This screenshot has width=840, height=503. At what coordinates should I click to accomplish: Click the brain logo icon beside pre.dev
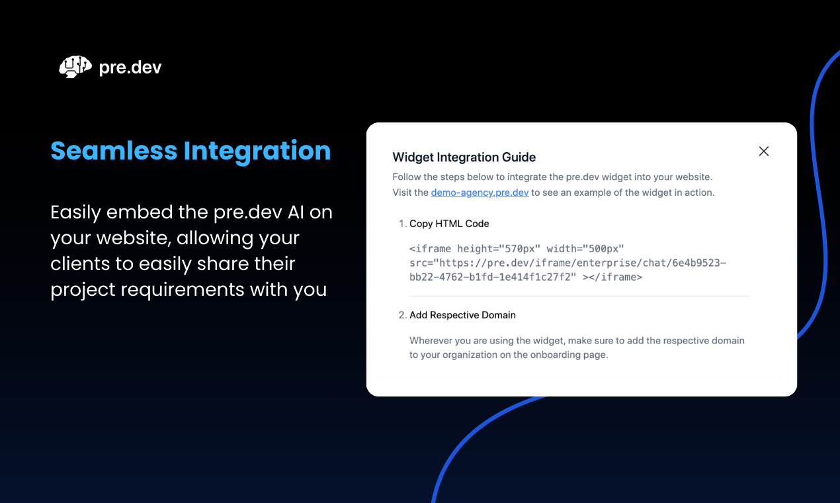click(75, 67)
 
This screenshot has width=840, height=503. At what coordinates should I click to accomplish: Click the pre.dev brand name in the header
click(130, 68)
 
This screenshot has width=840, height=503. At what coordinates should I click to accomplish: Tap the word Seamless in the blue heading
click(114, 151)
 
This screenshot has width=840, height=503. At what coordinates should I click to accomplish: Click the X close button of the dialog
click(764, 152)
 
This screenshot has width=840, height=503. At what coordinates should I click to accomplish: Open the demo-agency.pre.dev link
click(480, 193)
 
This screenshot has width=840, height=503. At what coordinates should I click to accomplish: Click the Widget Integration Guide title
click(464, 157)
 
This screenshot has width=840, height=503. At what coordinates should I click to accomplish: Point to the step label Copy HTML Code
click(449, 224)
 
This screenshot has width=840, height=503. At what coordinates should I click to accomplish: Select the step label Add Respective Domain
click(462, 315)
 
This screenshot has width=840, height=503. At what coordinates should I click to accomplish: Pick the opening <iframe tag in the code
click(430, 249)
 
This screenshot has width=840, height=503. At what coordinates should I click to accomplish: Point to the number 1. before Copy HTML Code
click(403, 224)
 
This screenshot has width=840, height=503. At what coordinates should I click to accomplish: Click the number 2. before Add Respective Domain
click(403, 315)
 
